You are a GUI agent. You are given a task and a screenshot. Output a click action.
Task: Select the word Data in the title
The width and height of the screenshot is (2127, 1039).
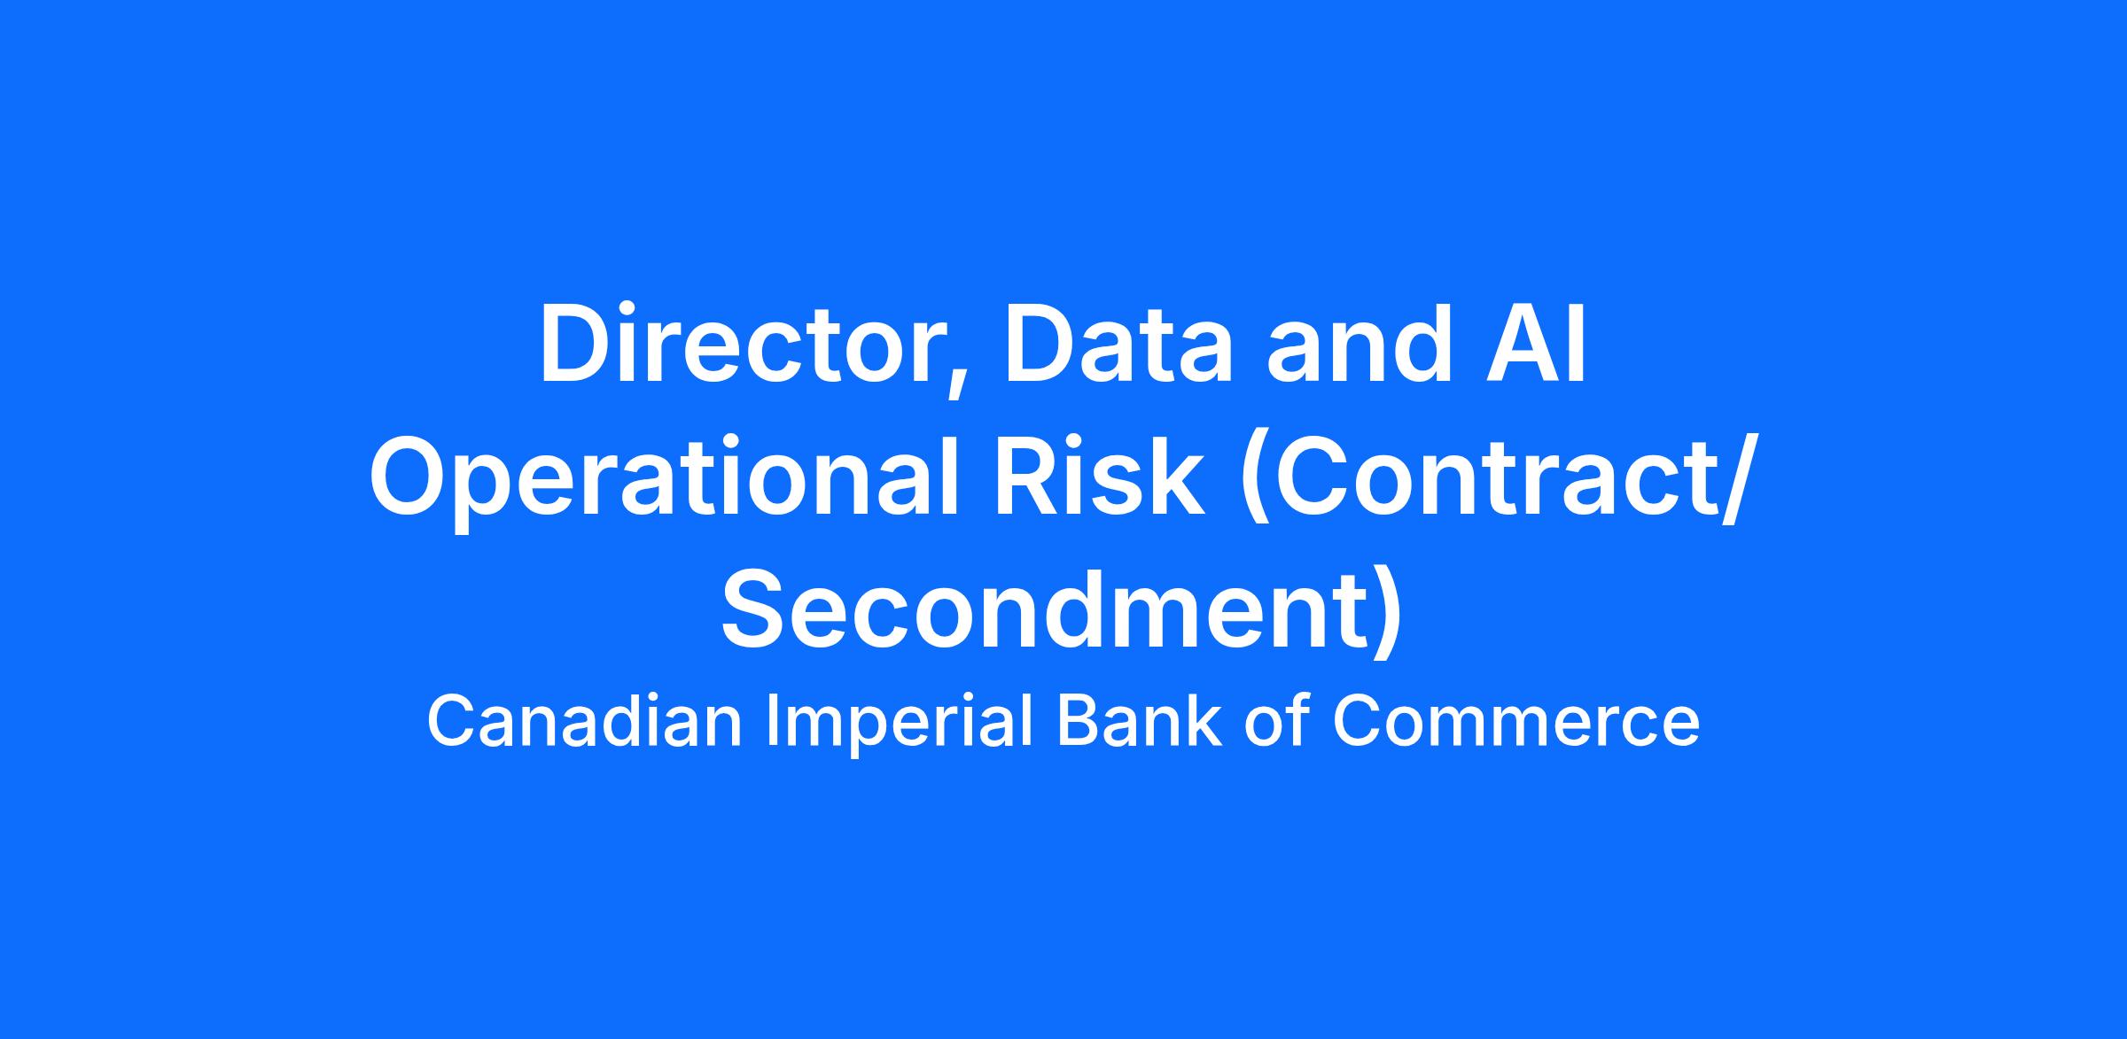[x=1118, y=346]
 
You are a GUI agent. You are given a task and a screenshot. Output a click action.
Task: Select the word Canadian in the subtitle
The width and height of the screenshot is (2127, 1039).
[x=584, y=722]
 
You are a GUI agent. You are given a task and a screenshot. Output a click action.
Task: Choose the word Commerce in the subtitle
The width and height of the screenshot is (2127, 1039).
[x=1516, y=722]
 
